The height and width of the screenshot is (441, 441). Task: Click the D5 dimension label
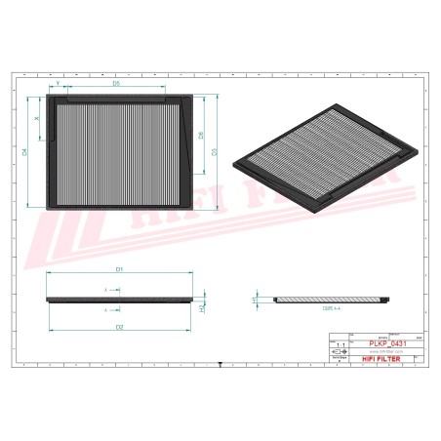(116, 85)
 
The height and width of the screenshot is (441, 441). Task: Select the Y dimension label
(59, 85)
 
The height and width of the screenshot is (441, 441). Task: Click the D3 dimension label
(215, 150)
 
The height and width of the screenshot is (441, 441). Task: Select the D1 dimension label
(117, 267)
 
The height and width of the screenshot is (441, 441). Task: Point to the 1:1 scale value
(340, 346)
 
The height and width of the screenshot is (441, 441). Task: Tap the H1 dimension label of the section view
(255, 298)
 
